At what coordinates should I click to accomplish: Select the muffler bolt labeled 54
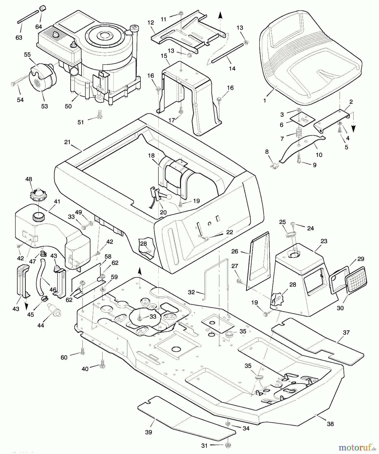pyautogui.click(x=19, y=81)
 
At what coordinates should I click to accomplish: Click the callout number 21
pyautogui.click(x=67, y=142)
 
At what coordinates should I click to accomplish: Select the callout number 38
pyautogui.click(x=330, y=424)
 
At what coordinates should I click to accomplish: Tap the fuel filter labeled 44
pyautogui.click(x=54, y=310)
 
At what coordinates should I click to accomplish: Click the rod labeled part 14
pyautogui.click(x=227, y=53)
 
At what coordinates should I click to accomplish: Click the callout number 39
pyautogui.click(x=149, y=432)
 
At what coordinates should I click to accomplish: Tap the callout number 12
pyautogui.click(x=151, y=22)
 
